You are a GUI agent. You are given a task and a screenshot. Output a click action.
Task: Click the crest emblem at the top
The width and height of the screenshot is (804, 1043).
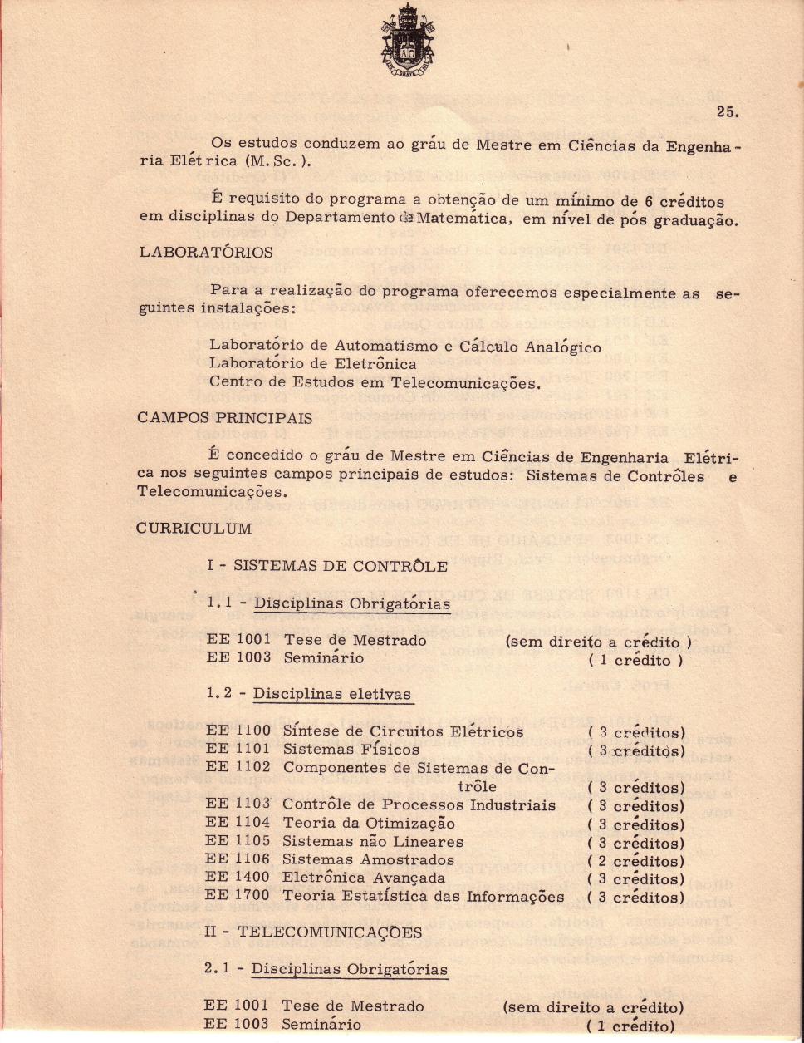(402, 42)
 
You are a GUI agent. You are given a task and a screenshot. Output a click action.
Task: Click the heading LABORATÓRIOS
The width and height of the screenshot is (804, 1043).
(205, 252)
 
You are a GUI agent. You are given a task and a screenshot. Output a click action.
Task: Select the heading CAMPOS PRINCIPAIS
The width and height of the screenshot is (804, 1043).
(224, 418)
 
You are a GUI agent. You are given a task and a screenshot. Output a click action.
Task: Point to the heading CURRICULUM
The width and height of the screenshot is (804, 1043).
(194, 529)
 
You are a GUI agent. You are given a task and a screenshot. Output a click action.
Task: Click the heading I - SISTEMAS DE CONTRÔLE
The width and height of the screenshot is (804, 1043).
(327, 567)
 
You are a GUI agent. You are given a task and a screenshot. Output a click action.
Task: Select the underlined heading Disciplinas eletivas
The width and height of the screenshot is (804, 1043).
(331, 694)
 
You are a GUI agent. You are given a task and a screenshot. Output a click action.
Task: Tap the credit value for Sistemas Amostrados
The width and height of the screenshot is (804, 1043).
(635, 861)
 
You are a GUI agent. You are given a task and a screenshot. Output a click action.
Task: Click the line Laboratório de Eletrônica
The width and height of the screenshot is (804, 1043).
(312, 363)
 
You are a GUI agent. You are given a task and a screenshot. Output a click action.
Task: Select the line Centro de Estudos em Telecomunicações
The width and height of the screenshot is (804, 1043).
(375, 382)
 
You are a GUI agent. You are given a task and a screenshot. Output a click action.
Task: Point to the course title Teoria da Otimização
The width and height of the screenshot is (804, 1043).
(369, 824)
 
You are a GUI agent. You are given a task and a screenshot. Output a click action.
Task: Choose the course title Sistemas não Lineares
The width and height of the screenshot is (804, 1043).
(373, 842)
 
